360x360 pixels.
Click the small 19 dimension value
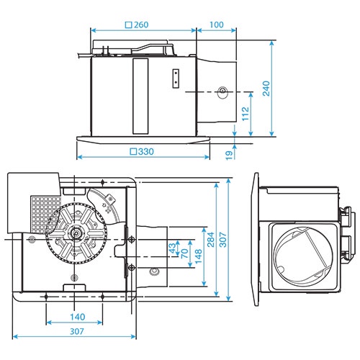coord(228,153)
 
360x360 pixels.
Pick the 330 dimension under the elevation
coord(142,152)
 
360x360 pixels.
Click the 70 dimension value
coord(185,254)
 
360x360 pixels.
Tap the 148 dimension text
coord(199,256)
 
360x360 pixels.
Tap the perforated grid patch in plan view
coord(44,209)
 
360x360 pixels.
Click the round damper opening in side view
coord(301,253)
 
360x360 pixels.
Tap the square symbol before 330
coord(132,152)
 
